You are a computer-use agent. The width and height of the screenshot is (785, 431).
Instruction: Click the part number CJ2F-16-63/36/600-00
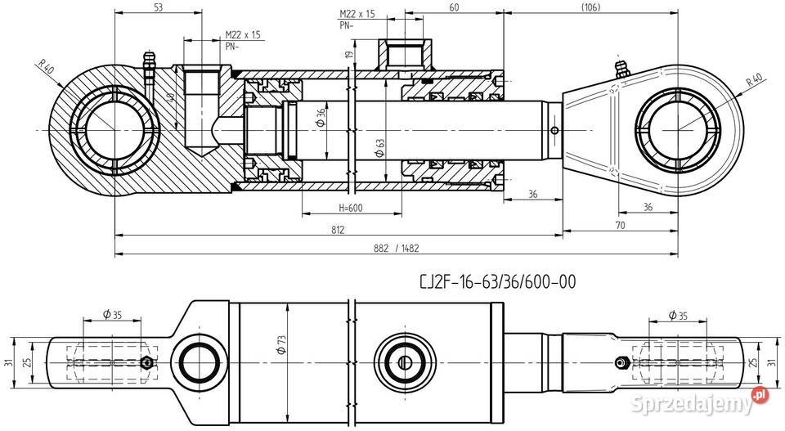coord(497,282)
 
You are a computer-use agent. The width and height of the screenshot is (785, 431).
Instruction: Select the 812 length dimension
coord(338,229)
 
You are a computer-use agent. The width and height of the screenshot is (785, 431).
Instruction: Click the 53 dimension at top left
coord(158,7)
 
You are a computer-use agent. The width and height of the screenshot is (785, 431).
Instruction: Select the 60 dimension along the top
coord(454,7)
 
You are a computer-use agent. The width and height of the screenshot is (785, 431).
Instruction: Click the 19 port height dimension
coord(348,55)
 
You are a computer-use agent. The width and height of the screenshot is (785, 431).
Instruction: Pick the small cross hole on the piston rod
coord(555,131)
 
